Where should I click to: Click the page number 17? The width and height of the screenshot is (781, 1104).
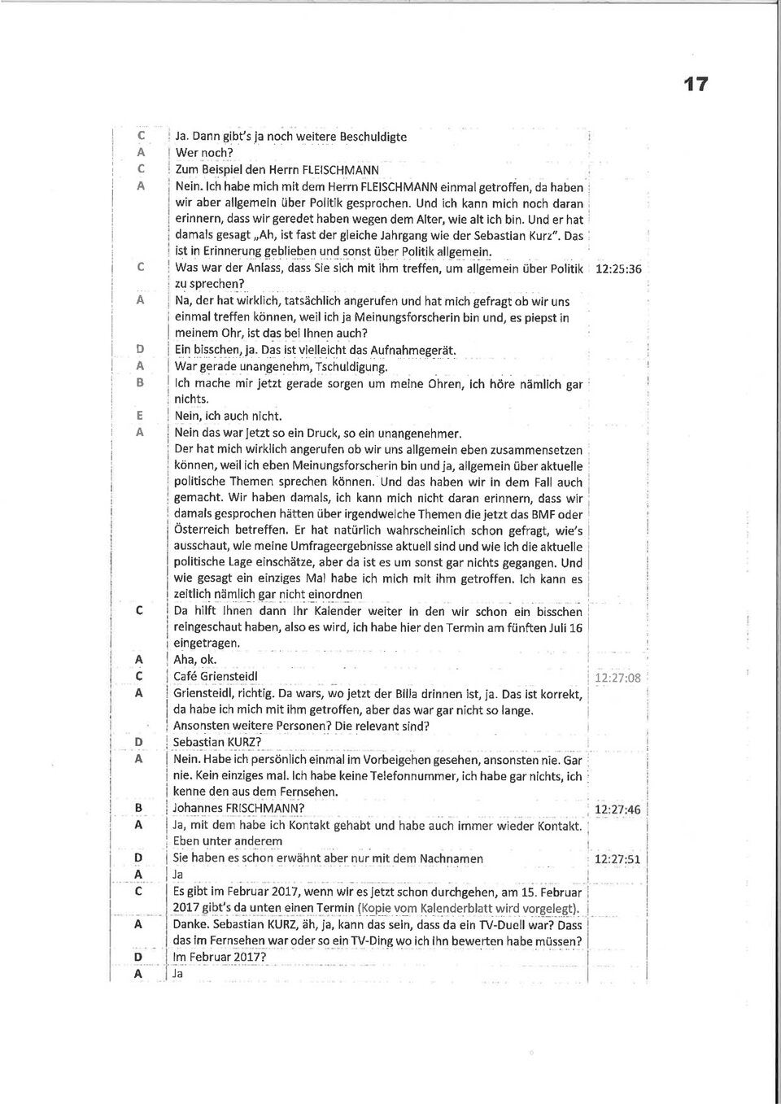pos(695,84)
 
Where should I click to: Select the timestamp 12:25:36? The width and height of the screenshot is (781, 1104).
pos(618,269)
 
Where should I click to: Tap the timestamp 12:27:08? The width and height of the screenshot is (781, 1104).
pos(617,678)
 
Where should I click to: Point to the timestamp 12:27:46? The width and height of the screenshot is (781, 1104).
pos(617,809)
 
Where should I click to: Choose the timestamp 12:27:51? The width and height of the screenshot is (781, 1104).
pos(617,859)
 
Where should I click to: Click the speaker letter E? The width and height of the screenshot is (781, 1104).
pos(139,416)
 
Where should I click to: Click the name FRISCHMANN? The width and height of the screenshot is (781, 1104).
pos(260,808)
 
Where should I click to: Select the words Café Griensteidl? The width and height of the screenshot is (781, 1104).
pos(216,676)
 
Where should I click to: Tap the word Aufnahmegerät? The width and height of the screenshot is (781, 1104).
pos(412,350)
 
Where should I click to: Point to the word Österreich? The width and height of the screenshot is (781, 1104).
pos(203,530)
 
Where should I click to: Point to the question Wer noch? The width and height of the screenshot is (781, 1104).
pos(204,153)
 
